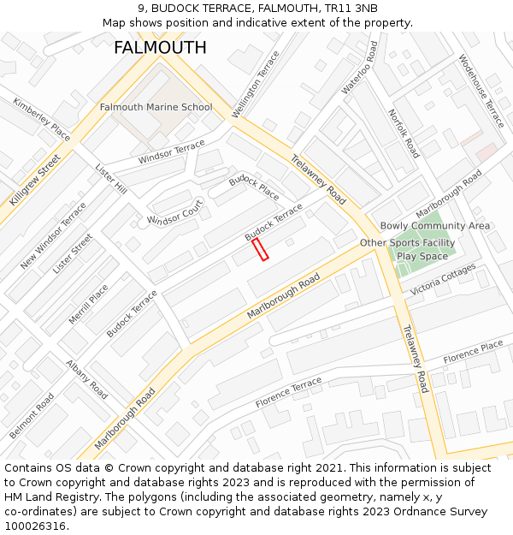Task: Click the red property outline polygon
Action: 260,249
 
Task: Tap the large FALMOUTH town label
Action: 160,48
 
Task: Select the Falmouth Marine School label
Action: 156,107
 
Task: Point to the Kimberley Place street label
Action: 41,119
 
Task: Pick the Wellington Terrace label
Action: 256,85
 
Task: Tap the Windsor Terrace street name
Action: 171,152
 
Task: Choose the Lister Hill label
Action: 111,178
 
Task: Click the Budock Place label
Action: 254,186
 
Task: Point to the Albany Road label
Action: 87,379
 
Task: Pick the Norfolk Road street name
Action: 404,134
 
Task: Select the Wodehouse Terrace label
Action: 481,92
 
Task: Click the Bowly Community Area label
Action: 435,226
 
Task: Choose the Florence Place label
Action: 473,351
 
